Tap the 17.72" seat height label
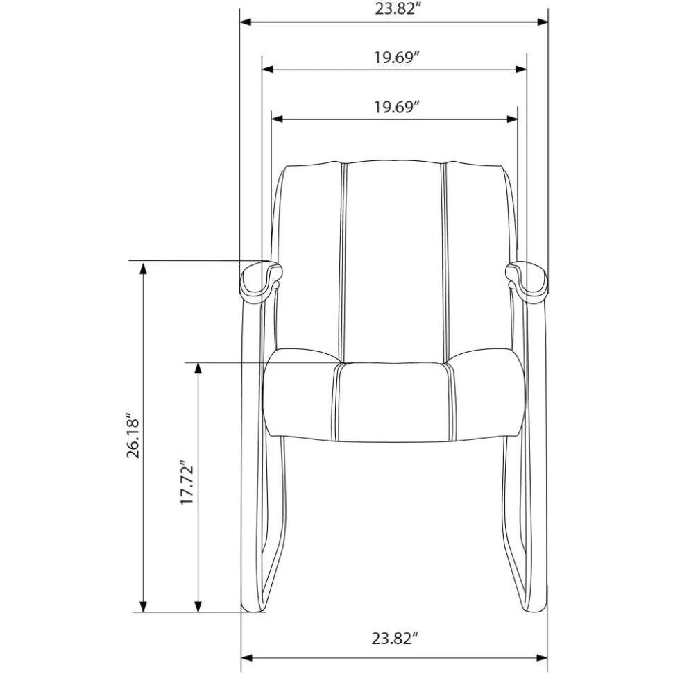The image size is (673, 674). tap(187, 482)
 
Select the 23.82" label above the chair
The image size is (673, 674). tap(397, 8)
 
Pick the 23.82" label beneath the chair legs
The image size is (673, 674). tap(395, 639)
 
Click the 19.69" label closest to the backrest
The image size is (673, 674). tap(395, 107)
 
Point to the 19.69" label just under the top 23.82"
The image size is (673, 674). tap(395, 57)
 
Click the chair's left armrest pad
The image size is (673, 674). tap(261, 282)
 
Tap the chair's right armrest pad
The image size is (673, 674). tap(527, 282)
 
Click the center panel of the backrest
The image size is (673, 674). tap(394, 262)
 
